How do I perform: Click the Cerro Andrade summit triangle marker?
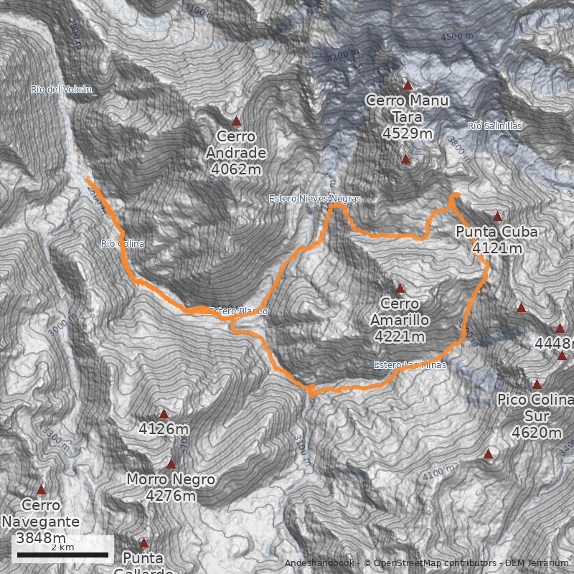pos(236,121)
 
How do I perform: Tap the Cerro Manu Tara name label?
pos(407,109)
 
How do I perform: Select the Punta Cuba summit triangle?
pos(497,216)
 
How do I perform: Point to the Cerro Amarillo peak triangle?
pos(400,288)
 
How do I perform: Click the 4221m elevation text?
pos(400,336)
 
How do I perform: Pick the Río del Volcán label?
pos(61,89)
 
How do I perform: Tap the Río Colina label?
pos(123,244)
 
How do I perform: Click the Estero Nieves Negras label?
pos(314,198)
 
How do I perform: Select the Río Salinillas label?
pos(495,126)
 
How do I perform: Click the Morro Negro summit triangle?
pos(171,464)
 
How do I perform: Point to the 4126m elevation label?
pos(164,430)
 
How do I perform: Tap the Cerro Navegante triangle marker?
pos(41,490)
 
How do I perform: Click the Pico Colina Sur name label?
pos(536,408)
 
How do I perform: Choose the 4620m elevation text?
pos(537,432)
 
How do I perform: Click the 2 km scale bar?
pos(62,555)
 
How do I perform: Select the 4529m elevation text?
pos(407,133)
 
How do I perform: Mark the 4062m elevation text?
pos(236,169)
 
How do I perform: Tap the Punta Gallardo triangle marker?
pos(143,543)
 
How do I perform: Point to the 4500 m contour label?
pos(457,36)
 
